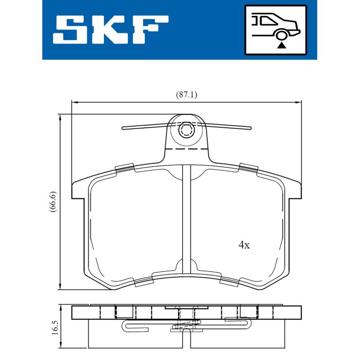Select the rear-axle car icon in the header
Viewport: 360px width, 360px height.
click(x=275, y=30)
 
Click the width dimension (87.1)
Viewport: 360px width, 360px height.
click(x=186, y=95)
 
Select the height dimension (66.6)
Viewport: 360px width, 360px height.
click(x=53, y=202)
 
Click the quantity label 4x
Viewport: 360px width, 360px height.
click(x=243, y=245)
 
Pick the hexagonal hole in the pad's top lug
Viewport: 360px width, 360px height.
click(x=186, y=130)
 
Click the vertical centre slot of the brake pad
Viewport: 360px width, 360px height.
click(x=186, y=216)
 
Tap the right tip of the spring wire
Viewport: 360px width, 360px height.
click(x=249, y=128)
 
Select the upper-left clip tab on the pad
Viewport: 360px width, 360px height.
click(x=125, y=168)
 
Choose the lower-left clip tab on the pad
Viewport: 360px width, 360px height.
click(x=144, y=282)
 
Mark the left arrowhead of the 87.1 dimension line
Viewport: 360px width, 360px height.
click(x=75, y=102)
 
